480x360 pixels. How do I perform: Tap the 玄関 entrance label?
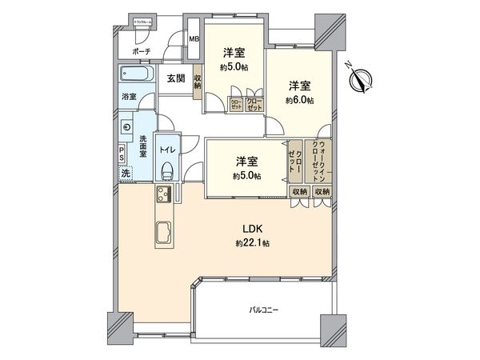(x=176, y=78)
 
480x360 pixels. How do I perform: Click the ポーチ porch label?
(x=142, y=51)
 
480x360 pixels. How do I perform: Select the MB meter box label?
(x=194, y=38)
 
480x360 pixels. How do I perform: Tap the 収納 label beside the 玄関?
(x=198, y=82)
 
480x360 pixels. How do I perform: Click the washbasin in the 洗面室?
(x=128, y=126)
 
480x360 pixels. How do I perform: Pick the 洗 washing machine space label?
(x=126, y=173)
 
